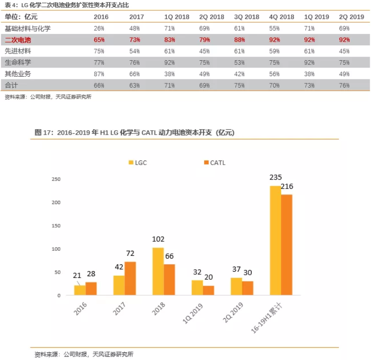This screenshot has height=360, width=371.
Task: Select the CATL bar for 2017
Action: tap(130, 278)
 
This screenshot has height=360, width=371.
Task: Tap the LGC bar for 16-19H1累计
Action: tap(275, 240)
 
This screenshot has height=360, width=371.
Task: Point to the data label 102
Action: tap(158, 239)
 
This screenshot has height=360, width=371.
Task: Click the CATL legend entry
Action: tap(214, 163)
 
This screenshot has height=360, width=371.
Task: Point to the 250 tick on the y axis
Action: tap(56, 179)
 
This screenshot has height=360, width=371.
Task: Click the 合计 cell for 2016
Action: tap(99, 85)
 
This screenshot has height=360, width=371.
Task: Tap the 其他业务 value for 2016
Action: tap(99, 73)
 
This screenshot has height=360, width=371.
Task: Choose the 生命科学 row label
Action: tap(18, 62)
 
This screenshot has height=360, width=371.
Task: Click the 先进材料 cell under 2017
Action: tap(135, 51)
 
